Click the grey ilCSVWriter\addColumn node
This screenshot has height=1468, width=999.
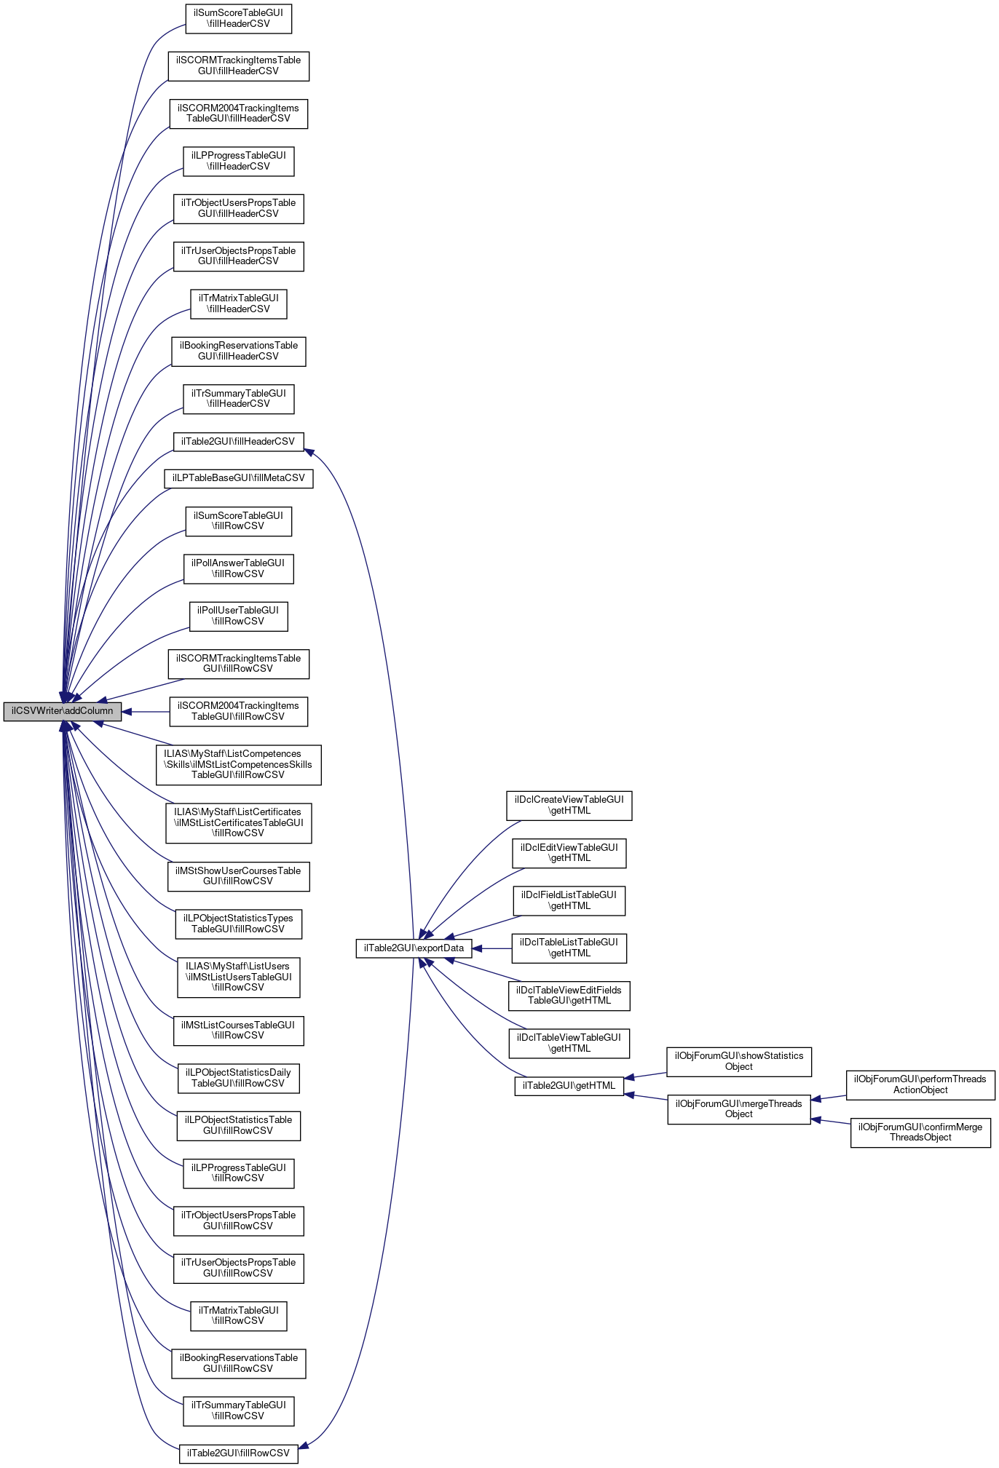click(x=63, y=711)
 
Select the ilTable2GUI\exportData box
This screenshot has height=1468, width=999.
click(x=414, y=948)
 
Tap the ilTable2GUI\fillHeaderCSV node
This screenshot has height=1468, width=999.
click(x=238, y=442)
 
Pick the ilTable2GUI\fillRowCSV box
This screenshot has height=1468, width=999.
click(x=238, y=1453)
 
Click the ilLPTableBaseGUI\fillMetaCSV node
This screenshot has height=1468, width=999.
click(x=238, y=478)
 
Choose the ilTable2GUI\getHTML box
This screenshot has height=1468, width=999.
click(x=569, y=1086)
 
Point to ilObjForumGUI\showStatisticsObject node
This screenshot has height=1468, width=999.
click(x=738, y=1061)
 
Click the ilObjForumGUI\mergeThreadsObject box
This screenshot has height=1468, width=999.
click(x=738, y=1109)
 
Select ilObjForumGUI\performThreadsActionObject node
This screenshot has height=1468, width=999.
click(x=920, y=1084)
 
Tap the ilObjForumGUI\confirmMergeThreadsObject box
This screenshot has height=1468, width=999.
click(x=920, y=1132)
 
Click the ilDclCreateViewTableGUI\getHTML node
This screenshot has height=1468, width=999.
click(x=569, y=805)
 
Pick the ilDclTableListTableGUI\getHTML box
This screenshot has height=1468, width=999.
click(x=569, y=948)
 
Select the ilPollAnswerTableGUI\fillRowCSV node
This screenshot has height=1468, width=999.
click(x=238, y=568)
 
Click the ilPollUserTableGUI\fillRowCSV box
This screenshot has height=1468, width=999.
click(x=238, y=616)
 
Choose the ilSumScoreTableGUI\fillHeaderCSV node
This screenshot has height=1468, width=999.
click(x=238, y=18)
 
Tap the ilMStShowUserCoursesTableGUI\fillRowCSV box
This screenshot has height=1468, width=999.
click(x=238, y=876)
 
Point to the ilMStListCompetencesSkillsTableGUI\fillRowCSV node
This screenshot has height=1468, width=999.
click(x=238, y=764)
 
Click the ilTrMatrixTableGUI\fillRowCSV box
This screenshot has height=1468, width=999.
click(x=238, y=1316)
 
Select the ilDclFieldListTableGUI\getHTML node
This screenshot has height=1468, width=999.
click(x=569, y=900)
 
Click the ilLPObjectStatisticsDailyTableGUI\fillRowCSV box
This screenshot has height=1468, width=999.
click(x=238, y=1078)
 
